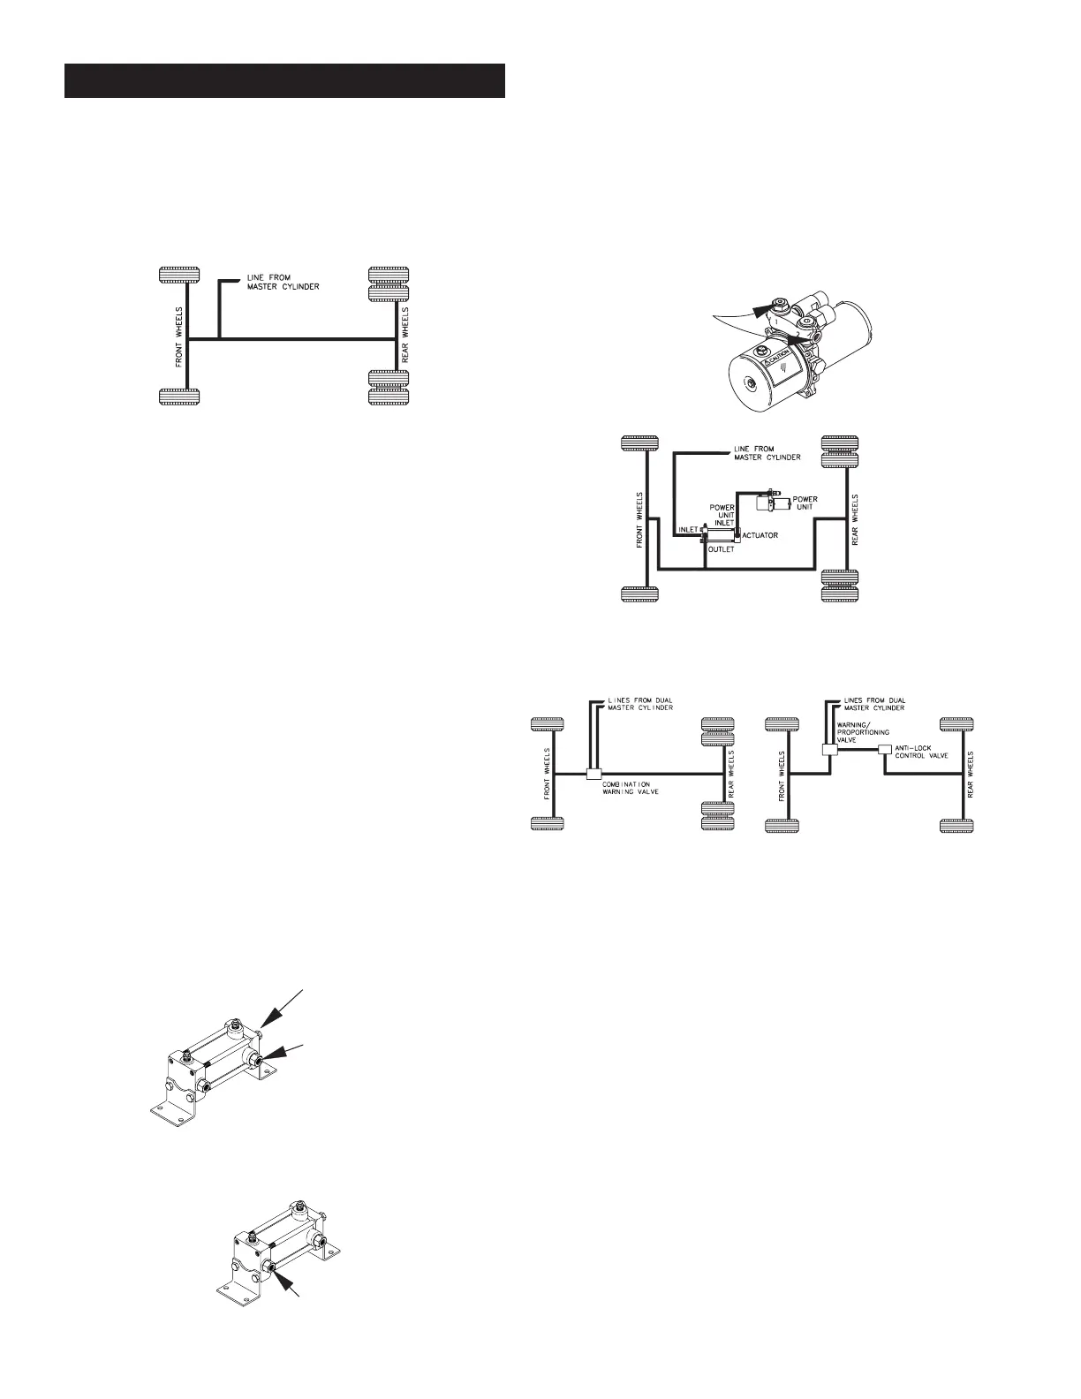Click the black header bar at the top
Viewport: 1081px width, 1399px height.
tap(284, 80)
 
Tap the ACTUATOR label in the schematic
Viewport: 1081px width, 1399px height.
tap(760, 535)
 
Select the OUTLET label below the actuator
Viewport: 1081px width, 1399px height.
tap(721, 549)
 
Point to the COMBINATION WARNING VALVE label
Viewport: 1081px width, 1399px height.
tap(631, 787)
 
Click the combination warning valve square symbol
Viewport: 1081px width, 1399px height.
tap(593, 775)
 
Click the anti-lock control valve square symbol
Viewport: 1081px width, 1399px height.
tap(885, 749)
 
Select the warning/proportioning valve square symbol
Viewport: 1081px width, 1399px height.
tap(828, 749)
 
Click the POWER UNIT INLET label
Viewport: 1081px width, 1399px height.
tap(723, 516)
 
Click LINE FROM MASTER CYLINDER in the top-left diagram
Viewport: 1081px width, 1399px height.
tap(268, 282)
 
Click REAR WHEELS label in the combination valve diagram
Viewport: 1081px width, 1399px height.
tap(729, 775)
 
